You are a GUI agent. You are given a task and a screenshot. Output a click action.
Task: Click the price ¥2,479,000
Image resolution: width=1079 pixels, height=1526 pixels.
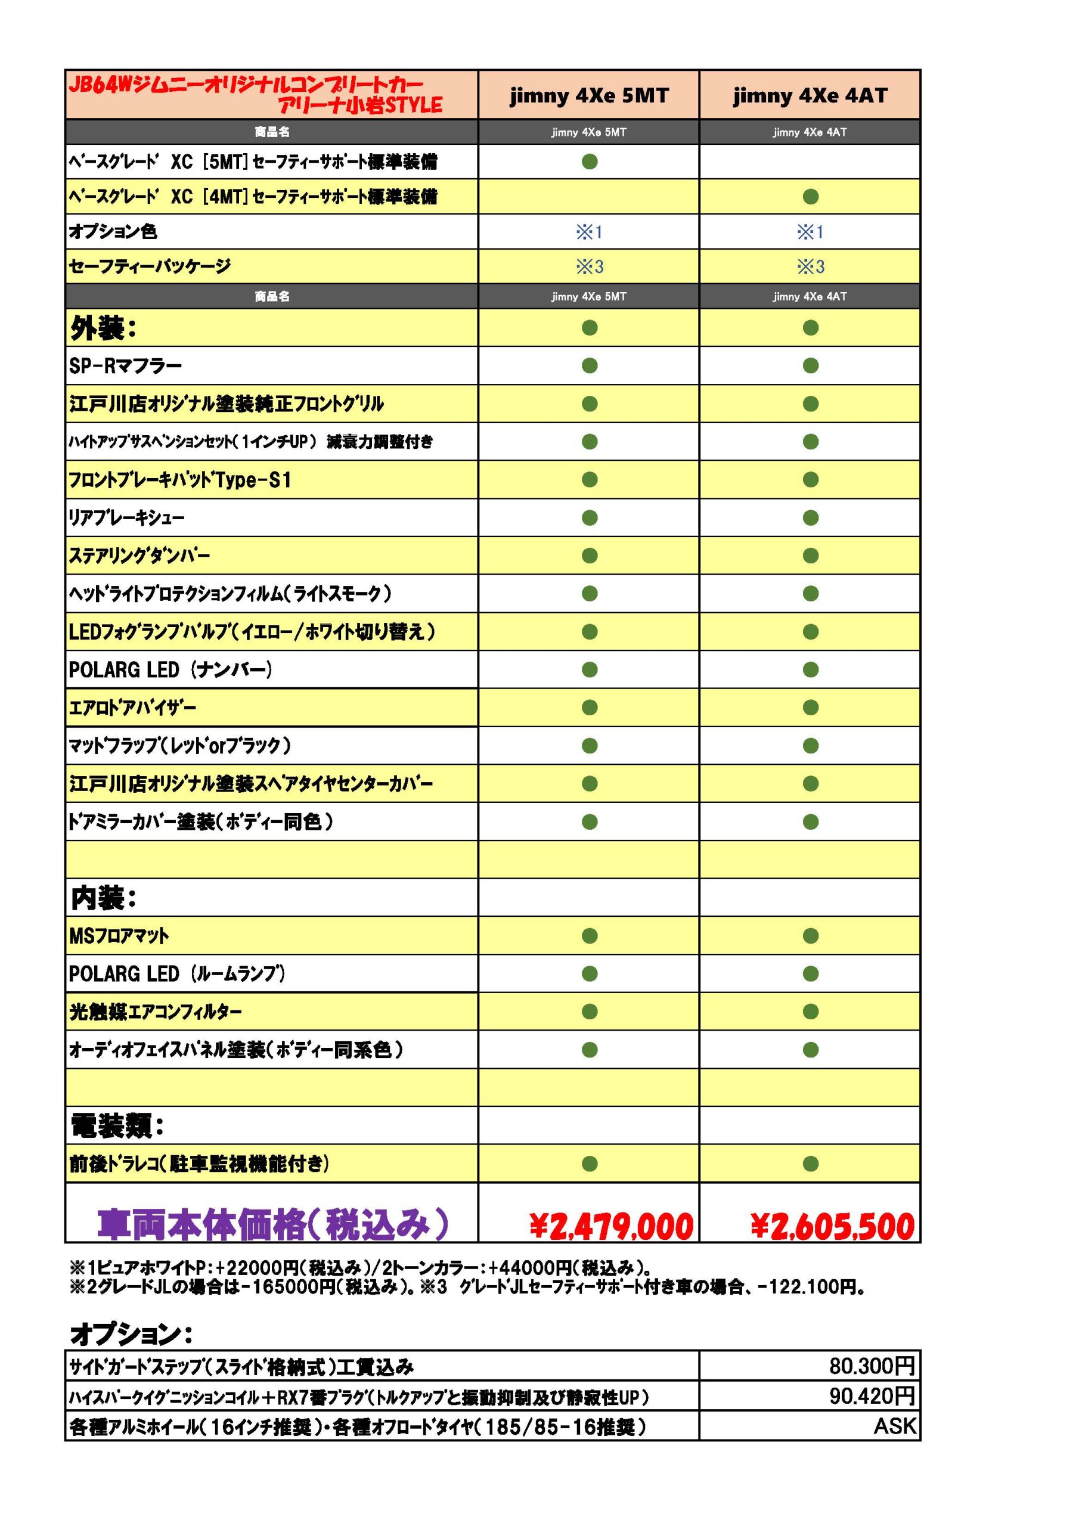click(x=611, y=1226)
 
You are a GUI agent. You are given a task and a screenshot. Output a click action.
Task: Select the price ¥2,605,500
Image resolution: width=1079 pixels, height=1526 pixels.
click(x=832, y=1226)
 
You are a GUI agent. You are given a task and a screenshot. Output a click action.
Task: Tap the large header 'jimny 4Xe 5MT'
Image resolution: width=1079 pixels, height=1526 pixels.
click(x=589, y=96)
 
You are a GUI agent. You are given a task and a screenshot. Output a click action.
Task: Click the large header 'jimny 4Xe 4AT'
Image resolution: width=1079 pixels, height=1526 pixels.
click(x=810, y=96)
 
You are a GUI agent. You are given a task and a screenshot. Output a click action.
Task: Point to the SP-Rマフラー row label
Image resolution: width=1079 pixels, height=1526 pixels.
click(x=126, y=365)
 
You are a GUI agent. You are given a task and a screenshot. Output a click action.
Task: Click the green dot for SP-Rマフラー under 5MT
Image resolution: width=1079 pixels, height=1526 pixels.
click(x=589, y=365)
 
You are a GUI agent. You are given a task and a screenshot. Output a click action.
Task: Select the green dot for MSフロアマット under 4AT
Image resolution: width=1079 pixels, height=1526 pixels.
click(x=810, y=936)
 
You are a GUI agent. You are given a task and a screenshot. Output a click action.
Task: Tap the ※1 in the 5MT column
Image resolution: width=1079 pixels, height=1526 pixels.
click(x=589, y=232)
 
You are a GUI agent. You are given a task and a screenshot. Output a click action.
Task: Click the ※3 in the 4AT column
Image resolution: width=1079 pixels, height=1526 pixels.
click(x=810, y=266)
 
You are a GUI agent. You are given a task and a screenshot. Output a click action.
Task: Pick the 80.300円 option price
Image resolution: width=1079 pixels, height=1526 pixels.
click(x=872, y=1366)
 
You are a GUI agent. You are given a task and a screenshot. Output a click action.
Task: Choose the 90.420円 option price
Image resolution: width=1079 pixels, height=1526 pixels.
click(x=872, y=1395)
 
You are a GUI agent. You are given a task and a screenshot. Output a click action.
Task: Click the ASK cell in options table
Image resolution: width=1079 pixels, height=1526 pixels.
click(x=894, y=1426)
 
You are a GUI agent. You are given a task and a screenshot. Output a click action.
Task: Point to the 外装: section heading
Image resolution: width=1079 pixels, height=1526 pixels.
click(x=103, y=328)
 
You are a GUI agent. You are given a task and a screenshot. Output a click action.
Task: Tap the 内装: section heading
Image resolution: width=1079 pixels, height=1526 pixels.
click(x=103, y=898)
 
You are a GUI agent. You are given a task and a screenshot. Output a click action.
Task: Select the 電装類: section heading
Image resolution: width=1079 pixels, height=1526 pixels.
click(x=117, y=1126)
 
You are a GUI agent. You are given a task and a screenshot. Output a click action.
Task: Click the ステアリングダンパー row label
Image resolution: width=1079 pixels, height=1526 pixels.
click(x=139, y=556)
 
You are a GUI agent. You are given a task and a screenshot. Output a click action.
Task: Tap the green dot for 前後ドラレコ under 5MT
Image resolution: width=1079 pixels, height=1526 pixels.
click(x=589, y=1164)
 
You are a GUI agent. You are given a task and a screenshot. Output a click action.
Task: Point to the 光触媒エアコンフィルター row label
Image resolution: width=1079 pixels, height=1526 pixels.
click(x=156, y=1012)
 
